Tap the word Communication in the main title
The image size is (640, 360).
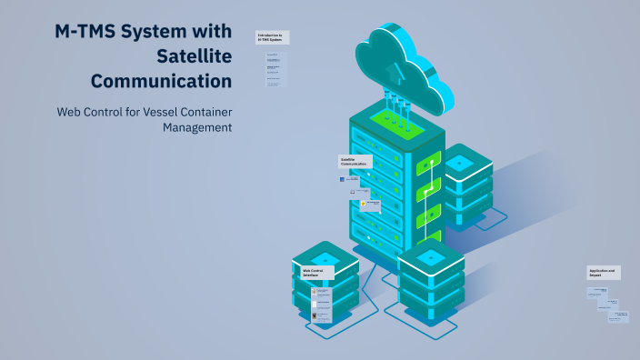click(x=169, y=81)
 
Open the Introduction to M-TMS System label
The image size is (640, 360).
click(x=272, y=37)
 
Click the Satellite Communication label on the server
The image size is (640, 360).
click(x=355, y=162)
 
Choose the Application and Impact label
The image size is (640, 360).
click(x=604, y=272)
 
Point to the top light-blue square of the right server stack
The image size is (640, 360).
click(x=459, y=163)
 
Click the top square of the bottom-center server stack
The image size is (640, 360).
click(x=432, y=258)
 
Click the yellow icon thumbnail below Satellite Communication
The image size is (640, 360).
click(x=364, y=205)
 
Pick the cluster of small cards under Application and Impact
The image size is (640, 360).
click(x=606, y=305)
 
